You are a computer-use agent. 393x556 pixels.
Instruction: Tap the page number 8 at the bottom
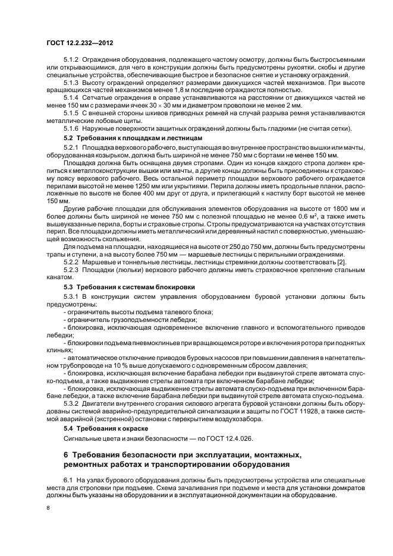(48, 508)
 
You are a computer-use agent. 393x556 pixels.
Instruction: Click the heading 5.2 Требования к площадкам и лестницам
(117, 138)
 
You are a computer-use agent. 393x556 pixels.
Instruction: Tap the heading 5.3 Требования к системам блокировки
(114, 286)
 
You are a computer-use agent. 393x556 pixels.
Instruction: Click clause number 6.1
(68, 478)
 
